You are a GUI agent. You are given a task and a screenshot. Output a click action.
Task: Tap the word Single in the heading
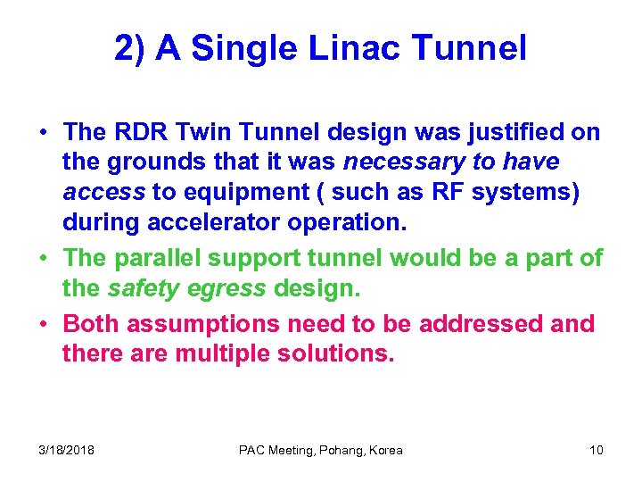click(x=247, y=48)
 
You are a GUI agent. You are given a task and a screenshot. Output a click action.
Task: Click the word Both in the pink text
click(x=90, y=323)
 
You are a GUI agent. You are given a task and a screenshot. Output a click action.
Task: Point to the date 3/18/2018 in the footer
click(x=67, y=450)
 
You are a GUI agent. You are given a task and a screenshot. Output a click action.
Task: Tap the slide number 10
click(x=596, y=450)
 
